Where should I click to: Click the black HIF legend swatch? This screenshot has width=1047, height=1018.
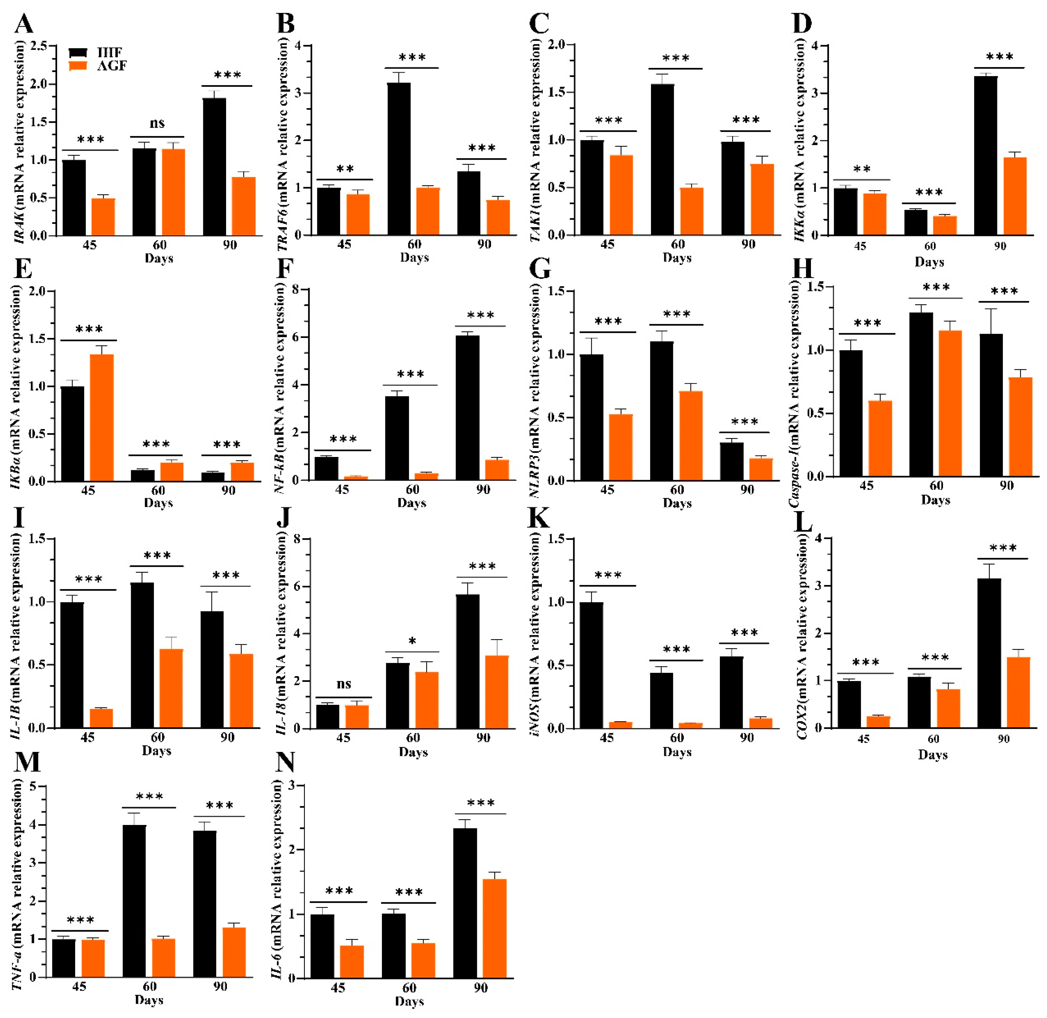(78, 52)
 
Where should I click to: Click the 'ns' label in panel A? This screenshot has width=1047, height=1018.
(157, 124)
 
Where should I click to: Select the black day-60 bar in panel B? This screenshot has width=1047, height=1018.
(399, 159)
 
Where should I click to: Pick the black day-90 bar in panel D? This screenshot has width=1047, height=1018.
(985, 156)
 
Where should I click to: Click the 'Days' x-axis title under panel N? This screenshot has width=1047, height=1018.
(409, 1001)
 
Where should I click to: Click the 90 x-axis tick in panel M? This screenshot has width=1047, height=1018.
(220, 986)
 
